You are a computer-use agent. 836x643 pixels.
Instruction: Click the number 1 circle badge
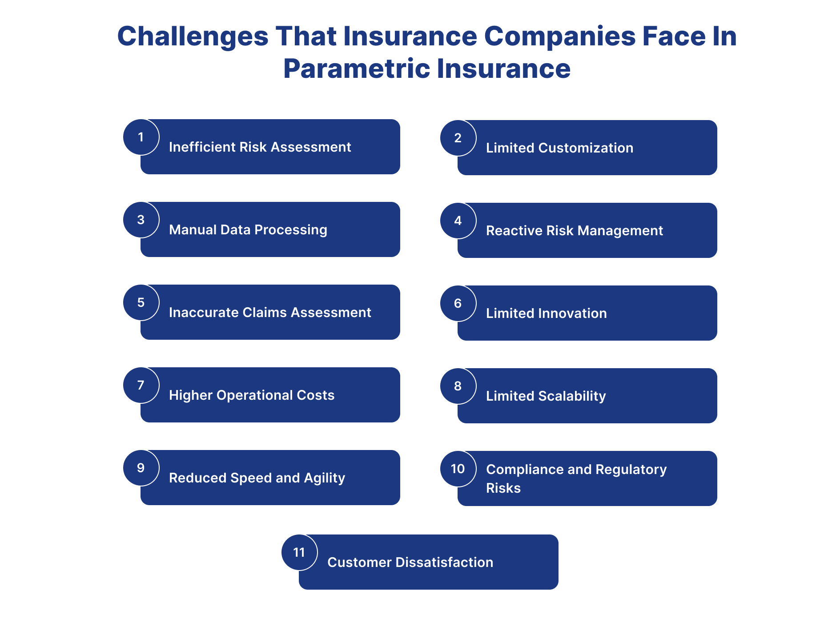coord(141,137)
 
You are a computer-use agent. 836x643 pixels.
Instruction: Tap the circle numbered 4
coord(458,221)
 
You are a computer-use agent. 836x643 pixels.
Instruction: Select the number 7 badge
coord(141,385)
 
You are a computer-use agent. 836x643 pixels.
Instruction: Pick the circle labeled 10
coord(458,469)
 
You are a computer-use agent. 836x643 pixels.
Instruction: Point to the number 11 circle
coord(299,552)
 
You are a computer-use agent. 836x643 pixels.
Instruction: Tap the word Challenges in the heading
coord(193,36)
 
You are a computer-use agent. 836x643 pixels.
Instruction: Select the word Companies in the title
coord(559,36)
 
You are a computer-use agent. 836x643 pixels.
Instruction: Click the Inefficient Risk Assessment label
coord(260,147)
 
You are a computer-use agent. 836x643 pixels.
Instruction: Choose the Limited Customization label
coord(559,148)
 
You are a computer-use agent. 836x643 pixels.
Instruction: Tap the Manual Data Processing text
coord(248,230)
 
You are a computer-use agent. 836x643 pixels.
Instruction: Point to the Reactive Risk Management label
coord(574,231)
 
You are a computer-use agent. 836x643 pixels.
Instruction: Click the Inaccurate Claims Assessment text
coord(270,313)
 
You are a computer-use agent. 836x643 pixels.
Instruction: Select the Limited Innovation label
coord(546,313)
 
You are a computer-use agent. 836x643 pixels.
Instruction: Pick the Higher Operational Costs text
coord(252,395)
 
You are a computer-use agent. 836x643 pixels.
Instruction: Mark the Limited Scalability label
coord(546,396)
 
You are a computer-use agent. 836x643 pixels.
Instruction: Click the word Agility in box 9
coord(324,478)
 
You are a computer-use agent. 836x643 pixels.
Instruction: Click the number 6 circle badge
coord(458,303)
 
